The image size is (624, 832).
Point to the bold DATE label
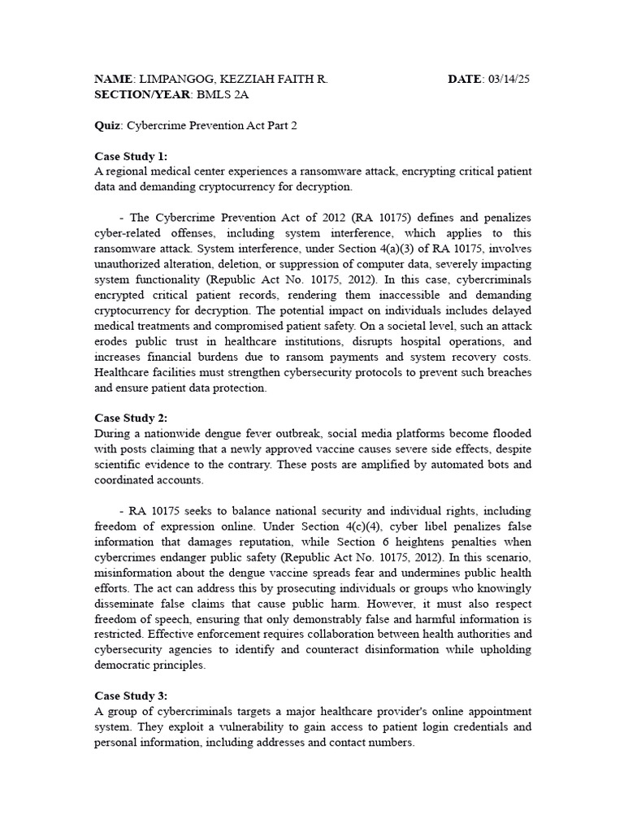click(x=465, y=79)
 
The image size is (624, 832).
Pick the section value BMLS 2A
click(x=224, y=94)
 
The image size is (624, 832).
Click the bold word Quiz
click(x=107, y=126)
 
